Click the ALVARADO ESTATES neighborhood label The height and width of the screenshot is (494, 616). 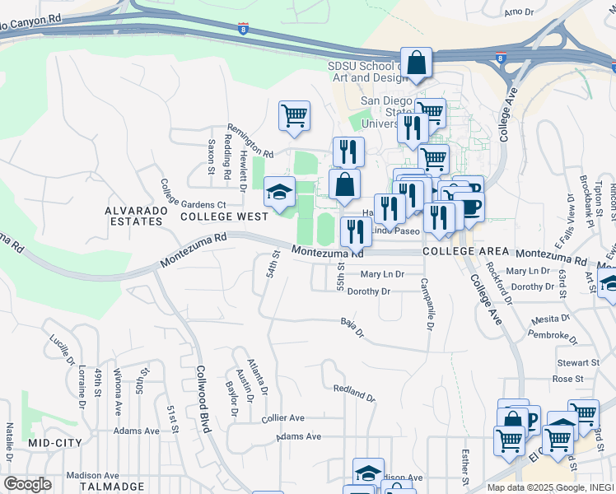[133, 216]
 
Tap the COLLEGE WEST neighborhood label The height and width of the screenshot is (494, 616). [224, 217]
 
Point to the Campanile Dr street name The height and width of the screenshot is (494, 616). [427, 303]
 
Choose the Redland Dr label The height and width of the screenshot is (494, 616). [354, 393]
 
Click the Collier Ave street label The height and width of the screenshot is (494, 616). [282, 418]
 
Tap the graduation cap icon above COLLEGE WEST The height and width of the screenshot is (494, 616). [279, 193]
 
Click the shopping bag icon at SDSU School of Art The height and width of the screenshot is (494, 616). [417, 63]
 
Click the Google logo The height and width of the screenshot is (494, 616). [27, 484]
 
